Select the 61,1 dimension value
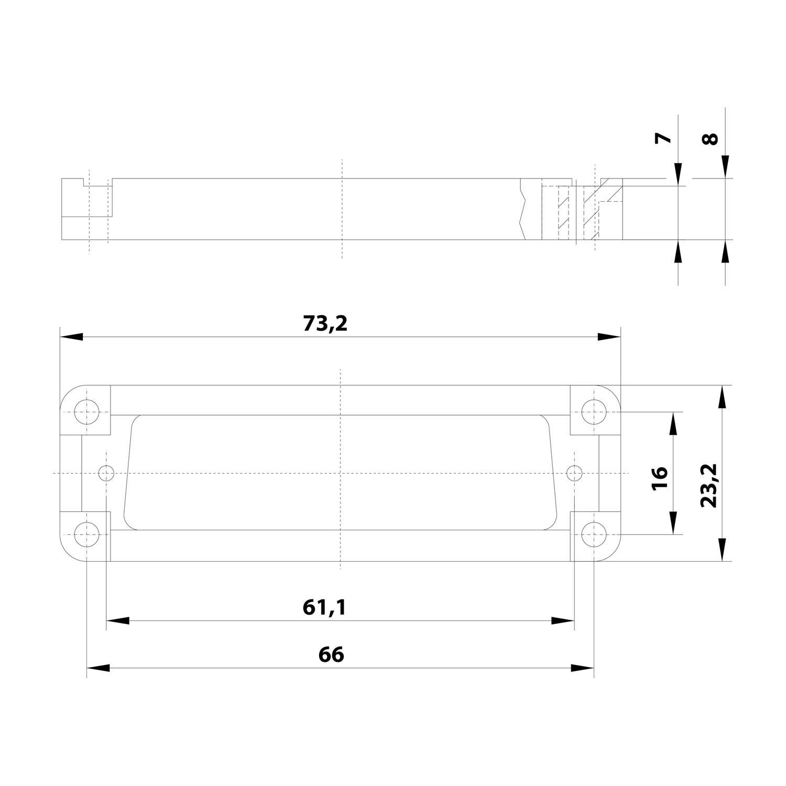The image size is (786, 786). click(x=324, y=607)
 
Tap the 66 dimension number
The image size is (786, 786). click(x=331, y=654)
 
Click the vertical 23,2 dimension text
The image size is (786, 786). click(x=708, y=485)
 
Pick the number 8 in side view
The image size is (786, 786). click(x=709, y=139)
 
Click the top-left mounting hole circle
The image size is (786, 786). click(x=87, y=411)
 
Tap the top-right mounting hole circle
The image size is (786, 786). click(x=594, y=411)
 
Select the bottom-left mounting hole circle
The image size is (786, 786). click(x=87, y=535)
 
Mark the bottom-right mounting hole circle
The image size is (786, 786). click(x=594, y=535)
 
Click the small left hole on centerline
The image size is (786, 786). click(x=106, y=473)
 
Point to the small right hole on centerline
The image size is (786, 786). click(x=575, y=473)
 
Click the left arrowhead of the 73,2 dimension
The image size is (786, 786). click(x=71, y=337)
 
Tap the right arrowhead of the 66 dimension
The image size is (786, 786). click(x=583, y=668)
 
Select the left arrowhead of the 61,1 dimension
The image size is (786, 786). click(x=117, y=621)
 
